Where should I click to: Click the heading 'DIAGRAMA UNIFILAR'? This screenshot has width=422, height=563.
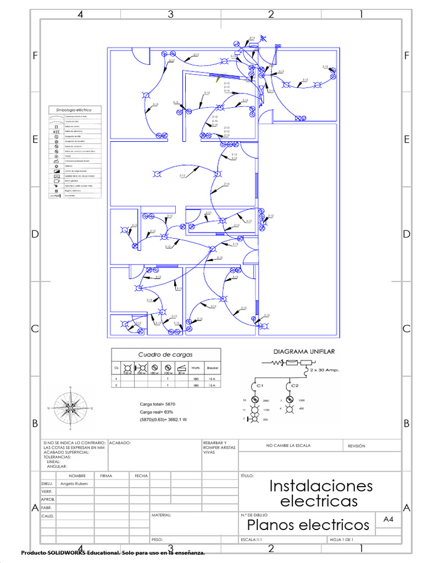point(304,351)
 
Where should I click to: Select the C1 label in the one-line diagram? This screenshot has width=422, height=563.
point(260,385)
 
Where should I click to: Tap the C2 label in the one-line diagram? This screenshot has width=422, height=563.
point(295,385)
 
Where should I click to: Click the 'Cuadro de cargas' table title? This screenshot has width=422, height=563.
point(165,355)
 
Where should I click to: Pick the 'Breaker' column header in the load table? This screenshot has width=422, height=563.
point(212,368)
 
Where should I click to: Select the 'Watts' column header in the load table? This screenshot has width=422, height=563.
point(195,368)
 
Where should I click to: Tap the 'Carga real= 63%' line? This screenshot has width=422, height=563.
point(157,412)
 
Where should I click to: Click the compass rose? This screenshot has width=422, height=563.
point(70,407)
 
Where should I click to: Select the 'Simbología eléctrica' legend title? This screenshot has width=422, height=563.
point(74,110)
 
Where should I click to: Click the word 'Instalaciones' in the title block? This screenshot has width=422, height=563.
point(321,486)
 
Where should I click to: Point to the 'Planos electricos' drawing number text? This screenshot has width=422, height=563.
point(308,525)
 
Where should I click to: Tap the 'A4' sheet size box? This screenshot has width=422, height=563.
point(388,519)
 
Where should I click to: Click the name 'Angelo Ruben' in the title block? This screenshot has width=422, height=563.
point(74,484)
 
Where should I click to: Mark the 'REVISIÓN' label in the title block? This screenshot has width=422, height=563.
point(357,446)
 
